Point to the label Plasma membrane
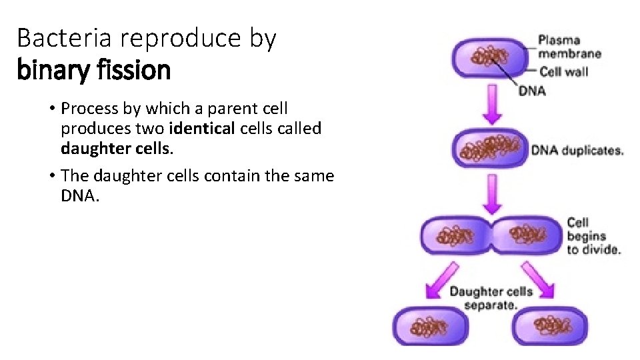tap(569, 47)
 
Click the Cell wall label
tap(563, 71)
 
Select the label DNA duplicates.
tap(577, 150)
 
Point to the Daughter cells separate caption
tap(491, 297)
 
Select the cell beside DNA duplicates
tap(490, 148)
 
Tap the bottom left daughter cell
tap(432, 326)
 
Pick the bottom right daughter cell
tap(550, 326)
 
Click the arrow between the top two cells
tap(491, 104)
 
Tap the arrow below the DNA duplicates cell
tap(491, 191)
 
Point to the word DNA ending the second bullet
tap(79, 197)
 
